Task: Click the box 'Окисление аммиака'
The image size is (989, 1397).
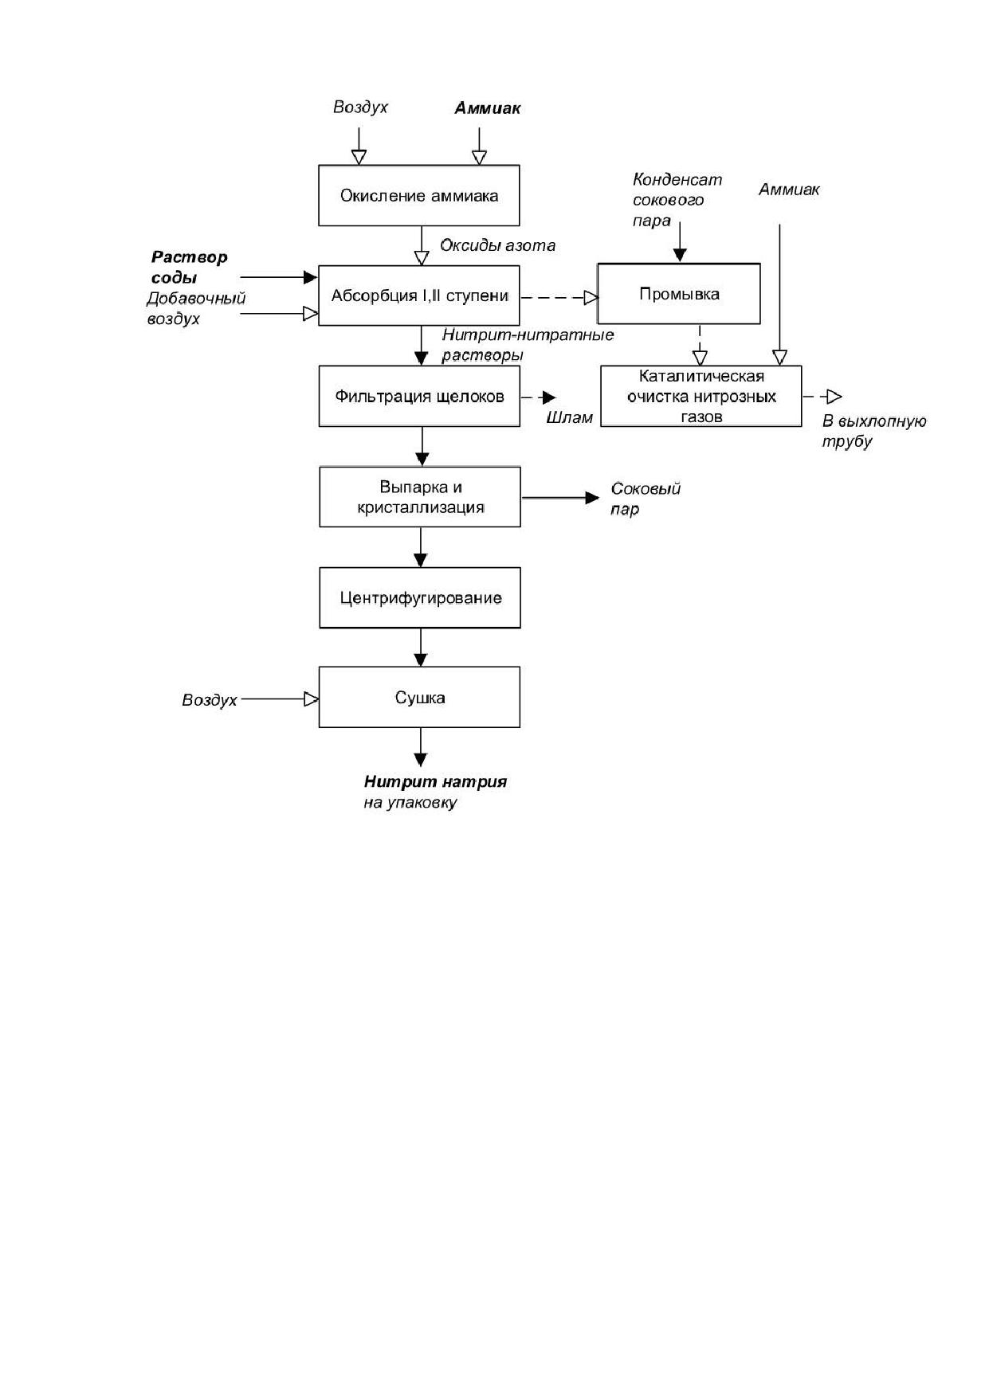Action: [x=419, y=195]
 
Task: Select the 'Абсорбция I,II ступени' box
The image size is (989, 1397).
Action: [x=419, y=295]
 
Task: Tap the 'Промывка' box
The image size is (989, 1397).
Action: [x=679, y=294]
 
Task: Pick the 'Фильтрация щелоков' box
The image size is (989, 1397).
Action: [x=419, y=396]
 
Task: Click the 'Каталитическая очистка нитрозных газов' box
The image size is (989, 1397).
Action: [x=701, y=396]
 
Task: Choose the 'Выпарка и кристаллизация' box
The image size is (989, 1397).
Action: [x=420, y=497]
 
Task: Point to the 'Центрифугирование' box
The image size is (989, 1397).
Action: [x=420, y=597]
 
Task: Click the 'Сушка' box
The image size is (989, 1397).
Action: [x=420, y=697]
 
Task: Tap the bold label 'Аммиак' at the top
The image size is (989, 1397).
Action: [x=488, y=108]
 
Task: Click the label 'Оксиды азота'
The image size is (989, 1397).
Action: [x=498, y=245]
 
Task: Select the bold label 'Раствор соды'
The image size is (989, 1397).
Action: [x=190, y=268]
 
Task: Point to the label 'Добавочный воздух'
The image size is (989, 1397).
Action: [x=196, y=308]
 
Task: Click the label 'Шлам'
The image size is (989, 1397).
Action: [x=570, y=417]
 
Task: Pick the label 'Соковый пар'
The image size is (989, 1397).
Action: [x=646, y=499]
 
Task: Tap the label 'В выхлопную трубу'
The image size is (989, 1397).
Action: [x=874, y=431]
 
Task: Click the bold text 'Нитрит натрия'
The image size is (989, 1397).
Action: [x=436, y=781]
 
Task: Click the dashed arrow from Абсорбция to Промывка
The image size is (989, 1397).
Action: [x=559, y=297]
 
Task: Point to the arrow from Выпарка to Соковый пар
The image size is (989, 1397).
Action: [x=560, y=498]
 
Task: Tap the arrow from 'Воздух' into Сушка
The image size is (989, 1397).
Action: [x=280, y=699]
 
